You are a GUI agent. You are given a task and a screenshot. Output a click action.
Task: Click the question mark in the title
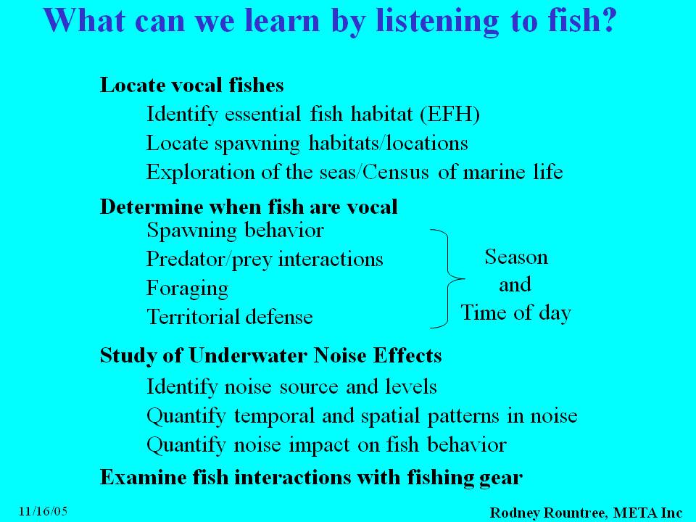coord(606,20)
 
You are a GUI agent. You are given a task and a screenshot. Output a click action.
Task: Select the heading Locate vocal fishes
coord(191,84)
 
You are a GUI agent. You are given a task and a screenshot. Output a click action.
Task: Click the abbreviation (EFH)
coord(450,114)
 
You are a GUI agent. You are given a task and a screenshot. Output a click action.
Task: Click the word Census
coord(396,172)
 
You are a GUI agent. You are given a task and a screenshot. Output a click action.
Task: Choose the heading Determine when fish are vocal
coord(249,207)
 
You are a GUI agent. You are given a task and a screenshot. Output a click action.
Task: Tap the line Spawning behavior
coord(235,231)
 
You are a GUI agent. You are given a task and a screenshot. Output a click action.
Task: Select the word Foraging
coord(187,289)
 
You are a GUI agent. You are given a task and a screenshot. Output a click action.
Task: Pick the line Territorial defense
coord(230,317)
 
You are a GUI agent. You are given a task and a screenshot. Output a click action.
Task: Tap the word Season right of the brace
coord(516,257)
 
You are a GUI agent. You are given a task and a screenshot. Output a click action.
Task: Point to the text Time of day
coord(515,313)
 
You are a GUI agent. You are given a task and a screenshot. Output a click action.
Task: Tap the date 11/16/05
coord(43,511)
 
